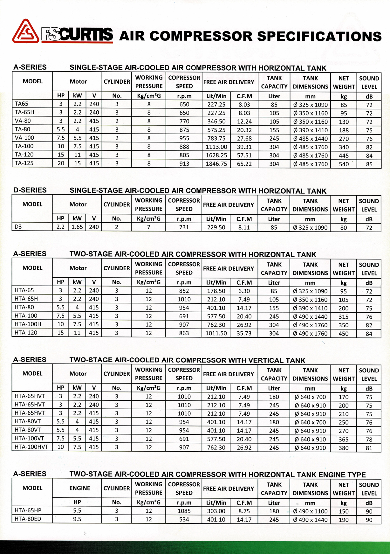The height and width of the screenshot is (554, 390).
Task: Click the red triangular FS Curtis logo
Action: (25, 31)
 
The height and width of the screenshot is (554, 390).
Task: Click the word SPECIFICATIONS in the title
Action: (319, 36)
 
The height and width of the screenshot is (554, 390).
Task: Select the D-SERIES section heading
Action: (30, 190)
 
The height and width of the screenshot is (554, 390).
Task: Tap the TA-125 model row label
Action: (24, 163)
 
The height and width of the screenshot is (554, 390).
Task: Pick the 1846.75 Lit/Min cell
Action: (216, 164)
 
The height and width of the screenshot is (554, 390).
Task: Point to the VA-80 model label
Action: (23, 121)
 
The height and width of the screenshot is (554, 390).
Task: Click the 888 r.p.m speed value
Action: (184, 147)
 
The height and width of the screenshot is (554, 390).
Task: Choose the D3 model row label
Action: (18, 227)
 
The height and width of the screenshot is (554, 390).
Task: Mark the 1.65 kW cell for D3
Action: (77, 227)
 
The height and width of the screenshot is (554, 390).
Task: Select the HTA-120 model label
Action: (26, 333)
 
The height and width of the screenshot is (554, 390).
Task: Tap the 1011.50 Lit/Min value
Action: (216, 333)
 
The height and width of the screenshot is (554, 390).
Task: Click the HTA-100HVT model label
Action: (31, 447)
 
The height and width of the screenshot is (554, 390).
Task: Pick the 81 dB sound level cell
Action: (369, 448)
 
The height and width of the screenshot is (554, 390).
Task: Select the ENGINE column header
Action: (79, 488)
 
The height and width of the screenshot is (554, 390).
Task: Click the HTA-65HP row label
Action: (28, 510)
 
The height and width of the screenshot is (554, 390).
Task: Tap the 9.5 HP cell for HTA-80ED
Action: (77, 519)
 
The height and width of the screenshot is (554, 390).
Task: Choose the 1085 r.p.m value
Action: (184, 511)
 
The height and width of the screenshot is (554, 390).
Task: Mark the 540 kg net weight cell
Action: (344, 164)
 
